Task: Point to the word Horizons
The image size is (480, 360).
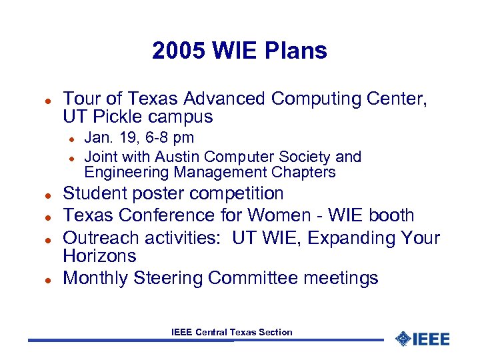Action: tap(99, 256)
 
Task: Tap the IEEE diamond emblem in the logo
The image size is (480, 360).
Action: tap(402, 339)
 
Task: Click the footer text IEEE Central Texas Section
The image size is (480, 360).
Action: tap(231, 332)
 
